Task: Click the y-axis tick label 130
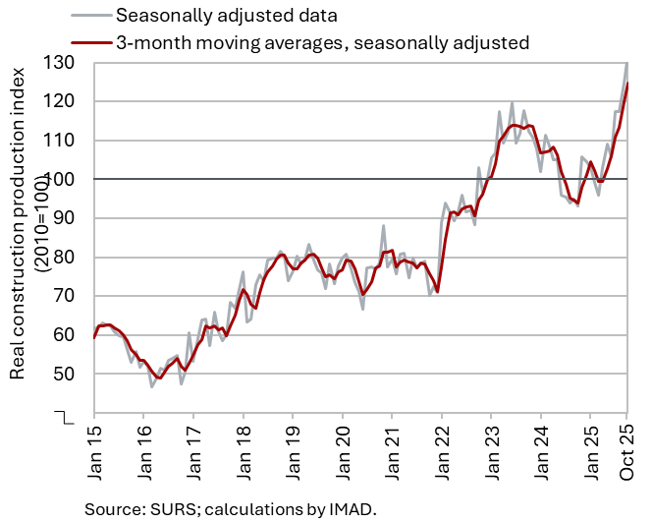click(x=66, y=62)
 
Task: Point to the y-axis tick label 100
click(x=66, y=179)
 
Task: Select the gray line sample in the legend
click(x=90, y=16)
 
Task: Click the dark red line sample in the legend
click(x=90, y=42)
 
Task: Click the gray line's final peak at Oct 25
click(x=627, y=63)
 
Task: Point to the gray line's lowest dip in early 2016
click(x=152, y=386)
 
